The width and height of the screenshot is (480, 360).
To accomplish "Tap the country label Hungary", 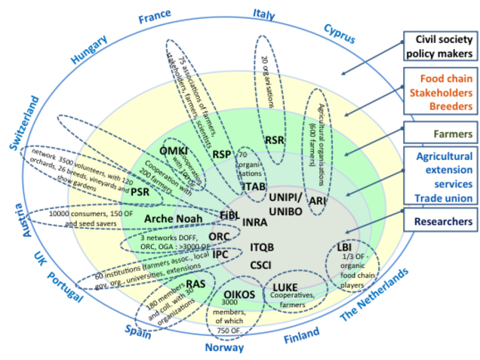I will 90,51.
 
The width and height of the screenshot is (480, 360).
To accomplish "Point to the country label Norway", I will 224,348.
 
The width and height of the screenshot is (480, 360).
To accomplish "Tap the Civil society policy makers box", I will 438,47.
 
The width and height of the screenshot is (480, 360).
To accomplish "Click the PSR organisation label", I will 140,192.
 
